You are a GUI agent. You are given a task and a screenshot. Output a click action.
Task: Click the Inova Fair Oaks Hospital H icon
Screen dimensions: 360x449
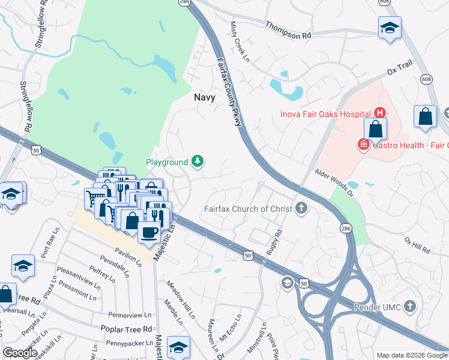click(x=379, y=112)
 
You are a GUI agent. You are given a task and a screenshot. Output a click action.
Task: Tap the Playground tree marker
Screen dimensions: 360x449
click(x=197, y=161)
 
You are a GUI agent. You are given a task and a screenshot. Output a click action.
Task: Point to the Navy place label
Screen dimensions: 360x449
click(x=205, y=96)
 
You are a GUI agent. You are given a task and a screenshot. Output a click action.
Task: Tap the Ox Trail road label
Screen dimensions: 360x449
click(x=400, y=70)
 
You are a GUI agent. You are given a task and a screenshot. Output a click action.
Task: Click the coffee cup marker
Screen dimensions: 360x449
click(x=149, y=232)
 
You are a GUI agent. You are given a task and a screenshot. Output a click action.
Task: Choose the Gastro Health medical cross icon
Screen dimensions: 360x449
click(x=363, y=145)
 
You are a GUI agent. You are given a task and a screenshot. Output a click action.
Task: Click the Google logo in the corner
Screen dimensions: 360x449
click(x=20, y=353)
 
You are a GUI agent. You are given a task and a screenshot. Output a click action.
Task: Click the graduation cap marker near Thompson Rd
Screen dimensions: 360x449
click(x=390, y=28)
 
